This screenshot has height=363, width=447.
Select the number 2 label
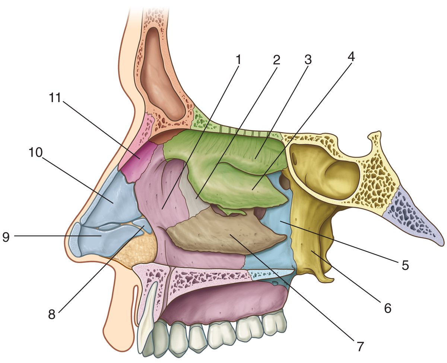click(276, 60)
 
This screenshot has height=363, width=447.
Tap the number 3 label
click(308, 60)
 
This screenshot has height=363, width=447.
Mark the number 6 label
click(388, 308)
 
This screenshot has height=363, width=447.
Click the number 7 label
click(359, 346)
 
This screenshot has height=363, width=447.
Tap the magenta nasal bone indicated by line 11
click(136, 158)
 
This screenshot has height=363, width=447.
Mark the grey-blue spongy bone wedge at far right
click(413, 220)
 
